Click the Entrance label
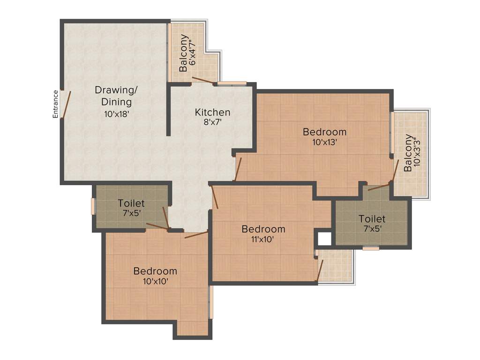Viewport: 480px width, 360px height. (x=55, y=104)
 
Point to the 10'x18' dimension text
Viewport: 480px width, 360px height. (x=116, y=113)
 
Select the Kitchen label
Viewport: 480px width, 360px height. (x=212, y=112)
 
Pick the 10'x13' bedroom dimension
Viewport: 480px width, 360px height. (x=324, y=142)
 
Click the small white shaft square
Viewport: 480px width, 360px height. (x=324, y=239)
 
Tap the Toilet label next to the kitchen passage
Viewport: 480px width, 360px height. (x=131, y=203)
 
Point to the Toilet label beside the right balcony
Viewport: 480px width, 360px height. (x=372, y=219)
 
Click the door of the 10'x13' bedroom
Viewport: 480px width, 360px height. (x=238, y=169)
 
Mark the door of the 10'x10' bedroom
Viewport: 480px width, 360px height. (x=196, y=234)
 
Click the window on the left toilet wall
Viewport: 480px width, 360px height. (x=93, y=206)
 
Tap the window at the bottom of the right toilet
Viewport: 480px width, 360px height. (x=371, y=248)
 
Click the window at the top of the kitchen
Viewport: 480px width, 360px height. (x=232, y=84)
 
